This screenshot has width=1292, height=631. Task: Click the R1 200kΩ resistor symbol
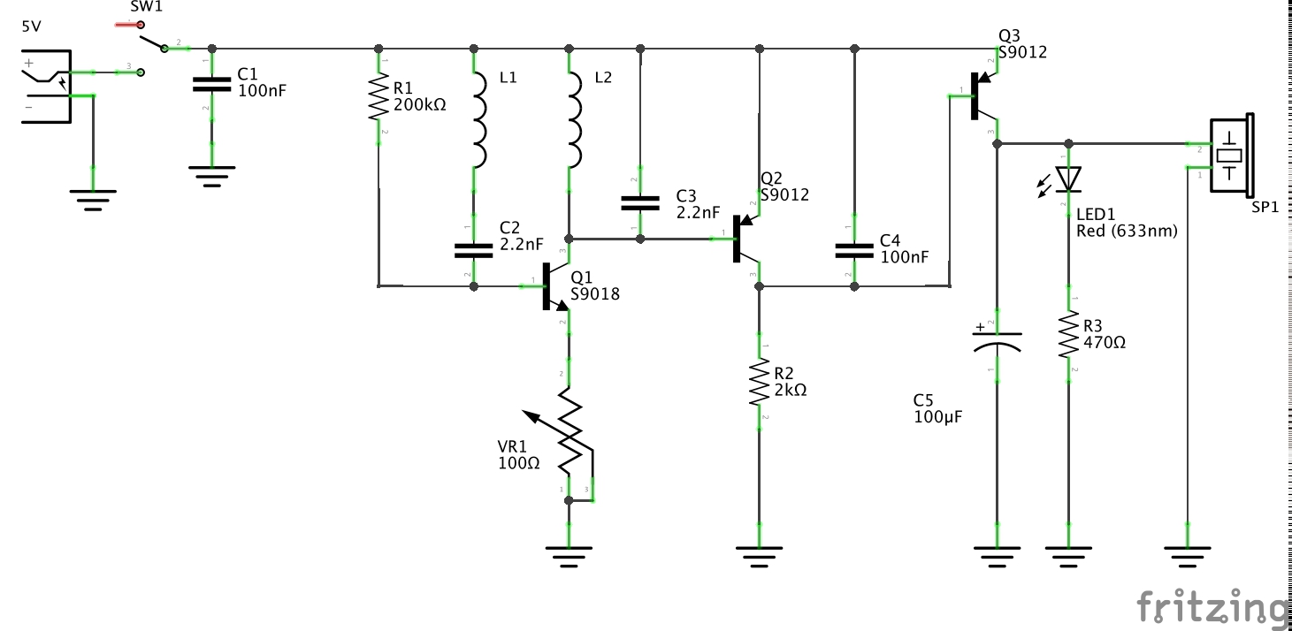(x=379, y=97)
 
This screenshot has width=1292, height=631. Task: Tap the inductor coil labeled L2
(x=573, y=120)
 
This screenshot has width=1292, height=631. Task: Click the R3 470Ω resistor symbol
(x=1068, y=335)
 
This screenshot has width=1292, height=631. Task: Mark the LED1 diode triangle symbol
(x=1068, y=179)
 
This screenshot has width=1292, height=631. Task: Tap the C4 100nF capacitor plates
(x=854, y=250)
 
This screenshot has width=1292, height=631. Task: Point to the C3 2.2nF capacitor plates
(x=640, y=203)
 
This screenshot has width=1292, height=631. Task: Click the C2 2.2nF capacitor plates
(x=474, y=250)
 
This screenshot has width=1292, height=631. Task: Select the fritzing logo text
(x=1212, y=607)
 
